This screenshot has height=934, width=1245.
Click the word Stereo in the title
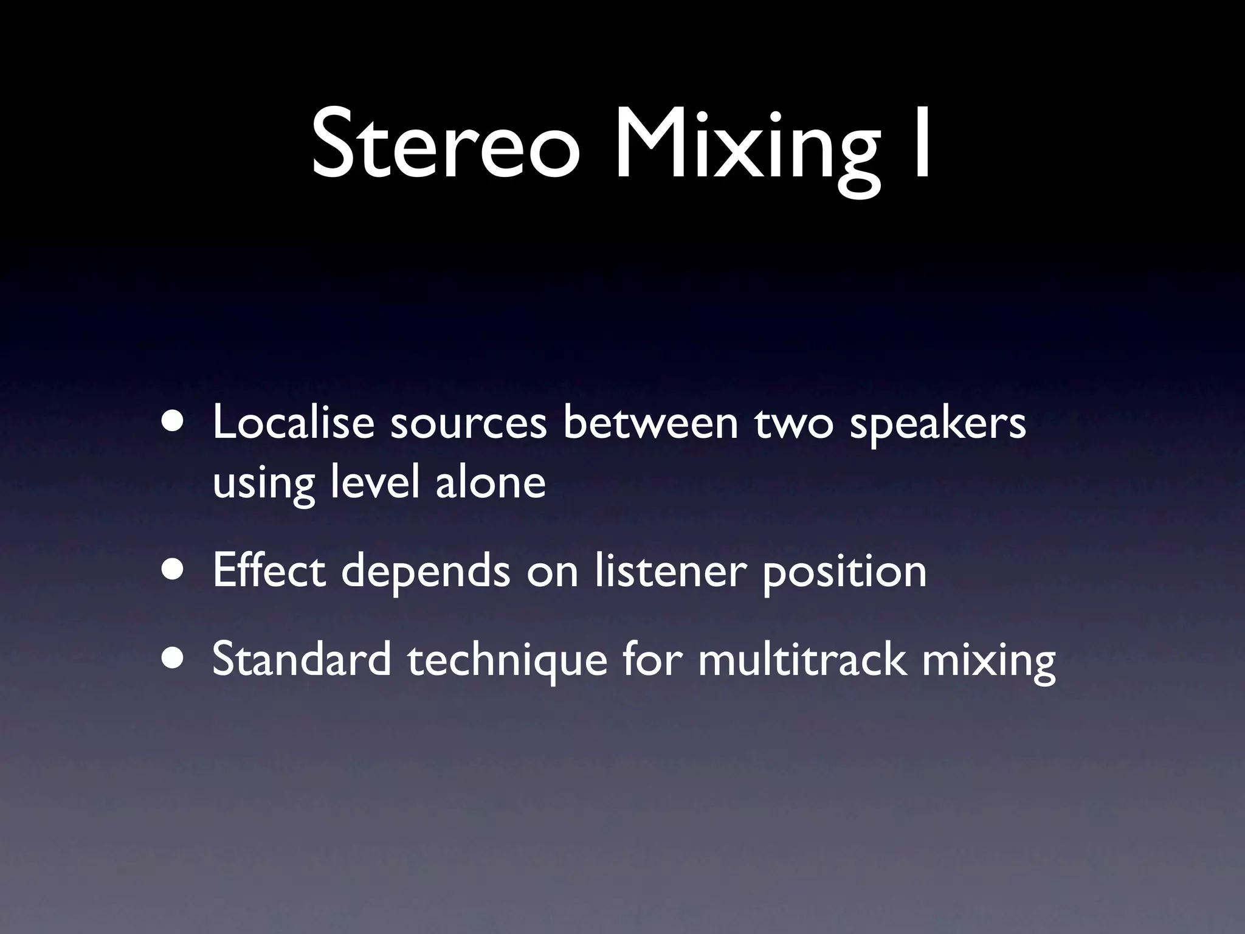click(x=444, y=145)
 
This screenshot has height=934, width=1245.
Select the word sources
click(x=468, y=423)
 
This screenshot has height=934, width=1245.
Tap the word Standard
click(x=302, y=660)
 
